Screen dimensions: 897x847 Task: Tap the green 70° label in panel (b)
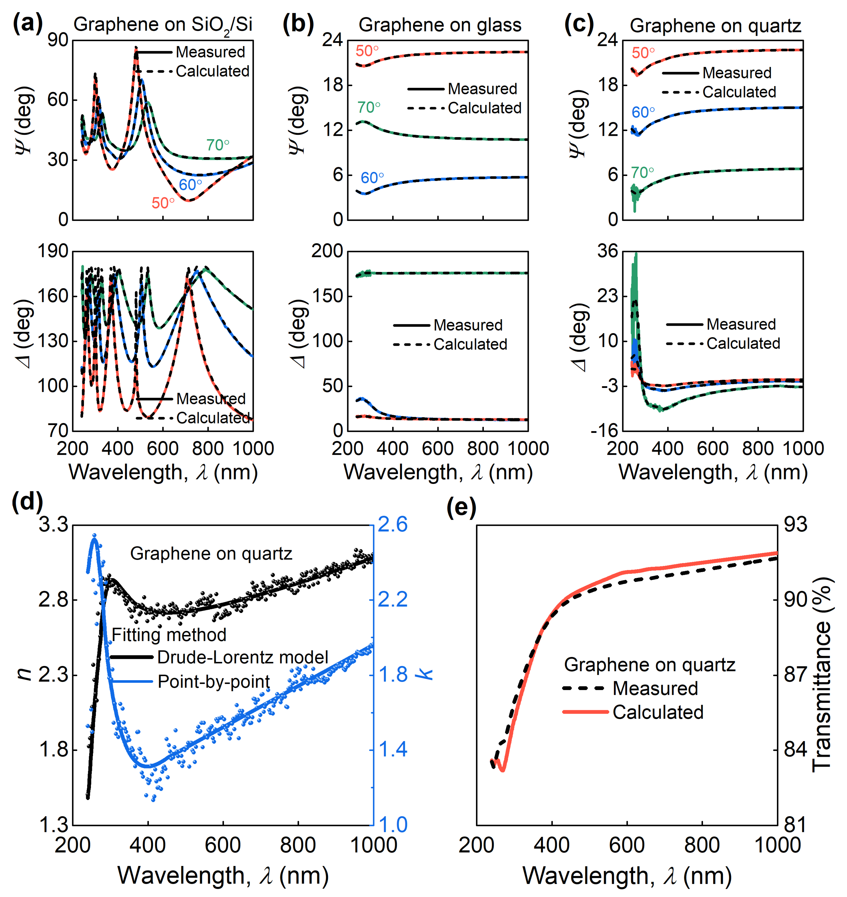click(369, 107)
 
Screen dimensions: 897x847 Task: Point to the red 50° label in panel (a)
click(163, 203)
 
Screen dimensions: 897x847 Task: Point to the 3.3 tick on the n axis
click(53, 525)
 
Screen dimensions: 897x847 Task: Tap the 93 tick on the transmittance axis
click(795, 525)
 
